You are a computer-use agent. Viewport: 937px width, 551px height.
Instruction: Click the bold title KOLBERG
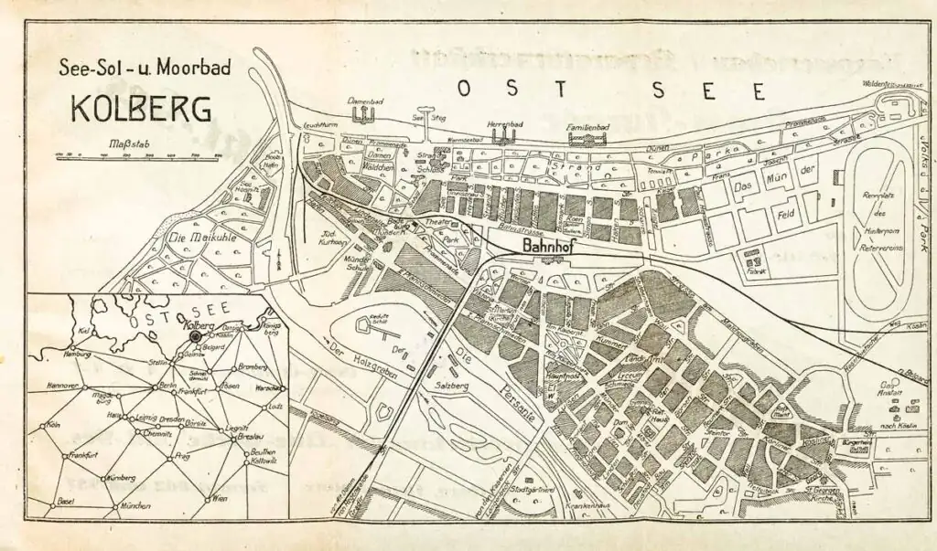pos(141,108)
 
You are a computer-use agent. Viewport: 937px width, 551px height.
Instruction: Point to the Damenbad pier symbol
pos(364,112)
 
